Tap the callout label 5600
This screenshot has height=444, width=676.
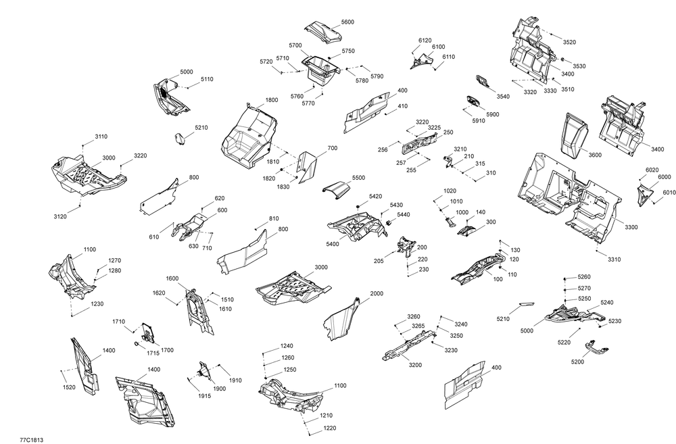pos(347,22)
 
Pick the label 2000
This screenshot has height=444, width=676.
pos(377,293)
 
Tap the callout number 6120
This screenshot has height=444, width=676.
pos(425,41)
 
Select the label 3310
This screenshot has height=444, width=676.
pos(614,260)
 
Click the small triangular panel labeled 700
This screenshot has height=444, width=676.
pos(308,166)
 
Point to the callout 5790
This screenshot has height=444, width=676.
pos(377,76)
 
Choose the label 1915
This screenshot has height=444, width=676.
pos(205,396)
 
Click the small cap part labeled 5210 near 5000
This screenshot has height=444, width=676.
pos(179,139)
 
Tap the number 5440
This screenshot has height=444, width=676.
pos(403,214)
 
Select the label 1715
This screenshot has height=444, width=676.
pos(153,353)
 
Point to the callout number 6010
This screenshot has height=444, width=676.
pos(669,193)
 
